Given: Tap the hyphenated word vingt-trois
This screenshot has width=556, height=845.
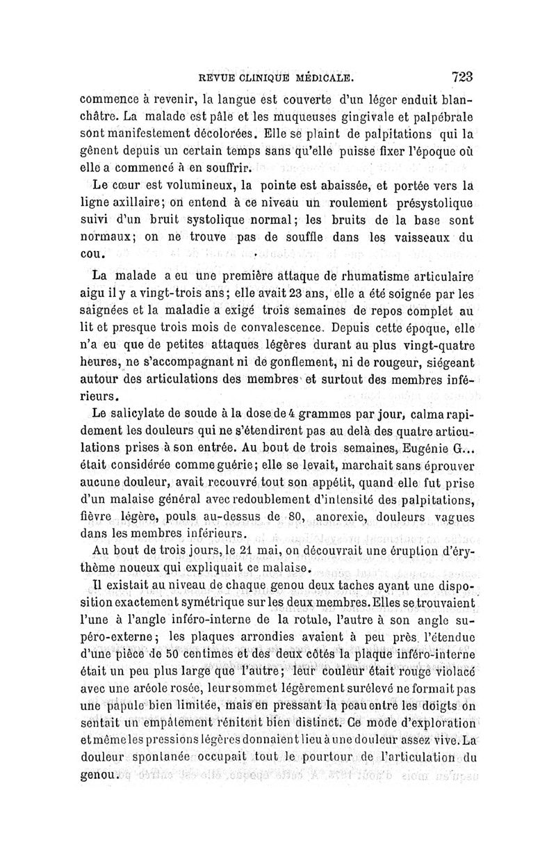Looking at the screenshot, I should coord(170,292).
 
